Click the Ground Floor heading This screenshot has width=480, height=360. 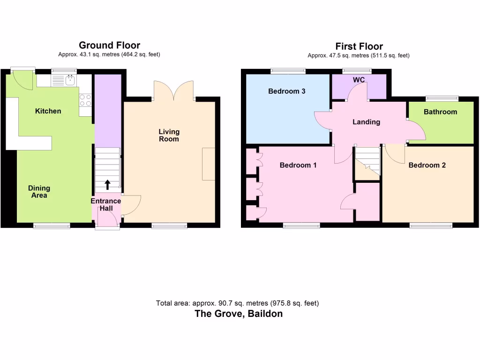coord(109,45)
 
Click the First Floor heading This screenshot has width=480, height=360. coord(359,46)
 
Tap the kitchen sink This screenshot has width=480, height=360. coord(70,80)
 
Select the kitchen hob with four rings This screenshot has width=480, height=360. coord(85,100)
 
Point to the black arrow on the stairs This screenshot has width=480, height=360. coord(107,184)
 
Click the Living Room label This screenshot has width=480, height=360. coord(169,135)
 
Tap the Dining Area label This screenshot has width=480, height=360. coord(39,192)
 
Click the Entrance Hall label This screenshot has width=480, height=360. coord(105,204)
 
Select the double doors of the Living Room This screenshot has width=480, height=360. coord(174,91)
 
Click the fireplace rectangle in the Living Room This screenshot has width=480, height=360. coord(209,164)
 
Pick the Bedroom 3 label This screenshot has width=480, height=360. coord(287,91)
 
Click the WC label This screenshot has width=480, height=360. coord(359,80)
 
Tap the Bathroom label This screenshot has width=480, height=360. coord(440,112)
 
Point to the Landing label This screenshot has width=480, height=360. coord(366,122)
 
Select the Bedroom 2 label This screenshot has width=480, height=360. coord(427,165)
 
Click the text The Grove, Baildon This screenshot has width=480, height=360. coord(239,314)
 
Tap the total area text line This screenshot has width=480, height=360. coord(237,303)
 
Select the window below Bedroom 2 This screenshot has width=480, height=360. coord(431,225)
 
